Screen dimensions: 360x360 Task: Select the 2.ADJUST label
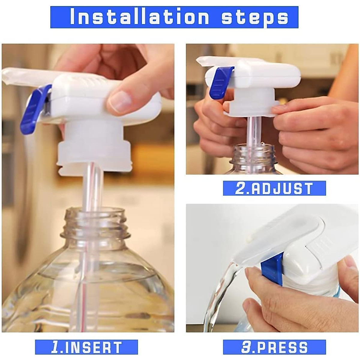point(274,188)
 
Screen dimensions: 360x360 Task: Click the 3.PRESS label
point(274,347)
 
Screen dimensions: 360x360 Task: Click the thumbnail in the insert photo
point(118,100)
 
